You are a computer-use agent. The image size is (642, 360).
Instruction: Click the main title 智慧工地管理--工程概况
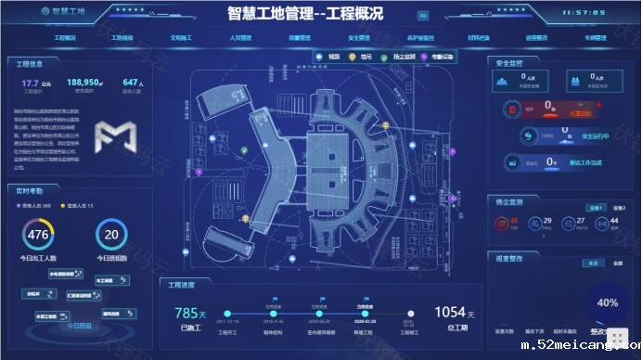(305, 14)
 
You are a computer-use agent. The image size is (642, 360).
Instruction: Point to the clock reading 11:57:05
(584, 14)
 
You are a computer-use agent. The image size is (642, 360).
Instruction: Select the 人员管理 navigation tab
(240, 38)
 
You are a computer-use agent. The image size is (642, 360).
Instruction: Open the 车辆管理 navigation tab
(595, 38)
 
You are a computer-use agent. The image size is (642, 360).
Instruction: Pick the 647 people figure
(132, 83)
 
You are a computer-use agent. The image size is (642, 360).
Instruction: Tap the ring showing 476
(38, 234)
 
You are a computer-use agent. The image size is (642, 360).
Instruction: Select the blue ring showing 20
(111, 234)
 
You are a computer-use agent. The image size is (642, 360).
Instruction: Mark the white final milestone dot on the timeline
(410, 314)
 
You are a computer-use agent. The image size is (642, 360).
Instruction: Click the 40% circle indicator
(607, 302)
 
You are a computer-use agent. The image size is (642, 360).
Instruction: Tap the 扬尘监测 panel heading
(513, 200)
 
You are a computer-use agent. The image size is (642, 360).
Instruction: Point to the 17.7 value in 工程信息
(31, 83)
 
